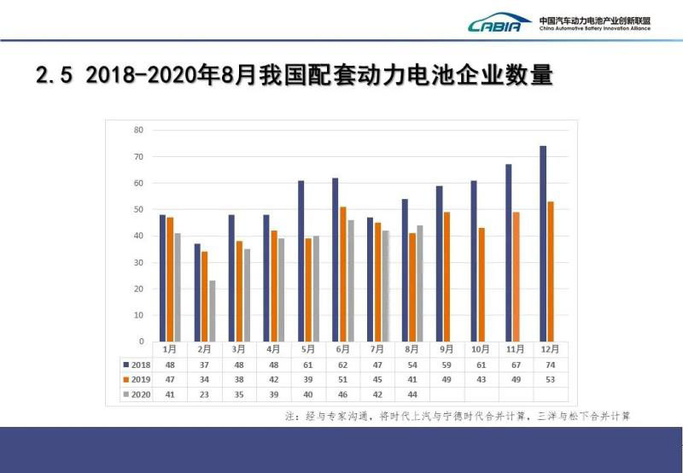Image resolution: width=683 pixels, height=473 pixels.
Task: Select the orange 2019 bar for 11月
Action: tap(516, 277)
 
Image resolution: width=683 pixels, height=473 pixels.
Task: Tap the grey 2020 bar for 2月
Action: tap(212, 311)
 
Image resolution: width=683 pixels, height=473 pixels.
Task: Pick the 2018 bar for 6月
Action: tap(336, 260)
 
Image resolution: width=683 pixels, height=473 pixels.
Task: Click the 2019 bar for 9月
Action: tap(447, 277)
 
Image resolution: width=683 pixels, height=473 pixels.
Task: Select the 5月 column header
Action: tap(308, 349)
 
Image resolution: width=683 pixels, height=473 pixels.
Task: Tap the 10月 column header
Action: tap(481, 349)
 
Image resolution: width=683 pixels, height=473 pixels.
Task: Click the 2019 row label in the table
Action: tap(136, 378)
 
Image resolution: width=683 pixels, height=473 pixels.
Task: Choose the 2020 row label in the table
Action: tap(136, 394)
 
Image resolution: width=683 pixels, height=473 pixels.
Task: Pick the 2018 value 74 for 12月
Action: tap(550, 364)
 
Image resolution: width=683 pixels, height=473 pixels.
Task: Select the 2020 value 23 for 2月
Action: tap(205, 394)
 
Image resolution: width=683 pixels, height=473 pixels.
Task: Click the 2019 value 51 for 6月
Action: tap(343, 378)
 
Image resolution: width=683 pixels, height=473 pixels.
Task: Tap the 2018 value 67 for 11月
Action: tap(516, 364)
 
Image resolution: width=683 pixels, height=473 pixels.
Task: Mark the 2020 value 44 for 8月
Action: tap(412, 394)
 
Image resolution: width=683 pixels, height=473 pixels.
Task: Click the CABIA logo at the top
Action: tap(499, 23)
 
